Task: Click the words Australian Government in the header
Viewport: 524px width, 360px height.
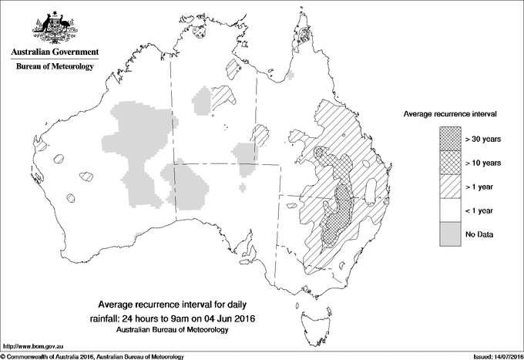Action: [55, 52]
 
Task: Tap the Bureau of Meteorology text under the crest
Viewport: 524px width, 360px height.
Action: [55, 67]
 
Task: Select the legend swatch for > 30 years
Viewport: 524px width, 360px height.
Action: [450, 140]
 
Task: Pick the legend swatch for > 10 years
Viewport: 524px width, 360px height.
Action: [450, 163]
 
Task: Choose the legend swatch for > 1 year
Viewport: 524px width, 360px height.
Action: [450, 186]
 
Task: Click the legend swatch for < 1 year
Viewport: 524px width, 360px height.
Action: [450, 210]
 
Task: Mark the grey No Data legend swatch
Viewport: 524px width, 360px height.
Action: [450, 233]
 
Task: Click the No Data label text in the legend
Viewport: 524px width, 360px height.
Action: [480, 234]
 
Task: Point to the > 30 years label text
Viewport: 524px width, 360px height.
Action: [483, 140]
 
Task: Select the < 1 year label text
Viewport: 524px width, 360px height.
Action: [481, 210]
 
